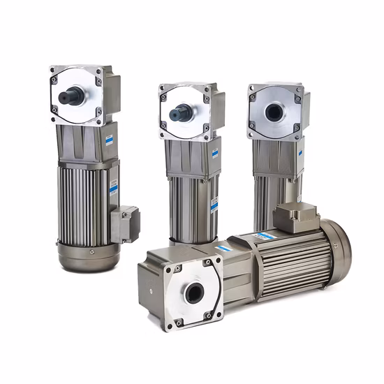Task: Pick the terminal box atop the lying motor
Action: [297, 217]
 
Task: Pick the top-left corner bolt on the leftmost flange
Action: [53, 71]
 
